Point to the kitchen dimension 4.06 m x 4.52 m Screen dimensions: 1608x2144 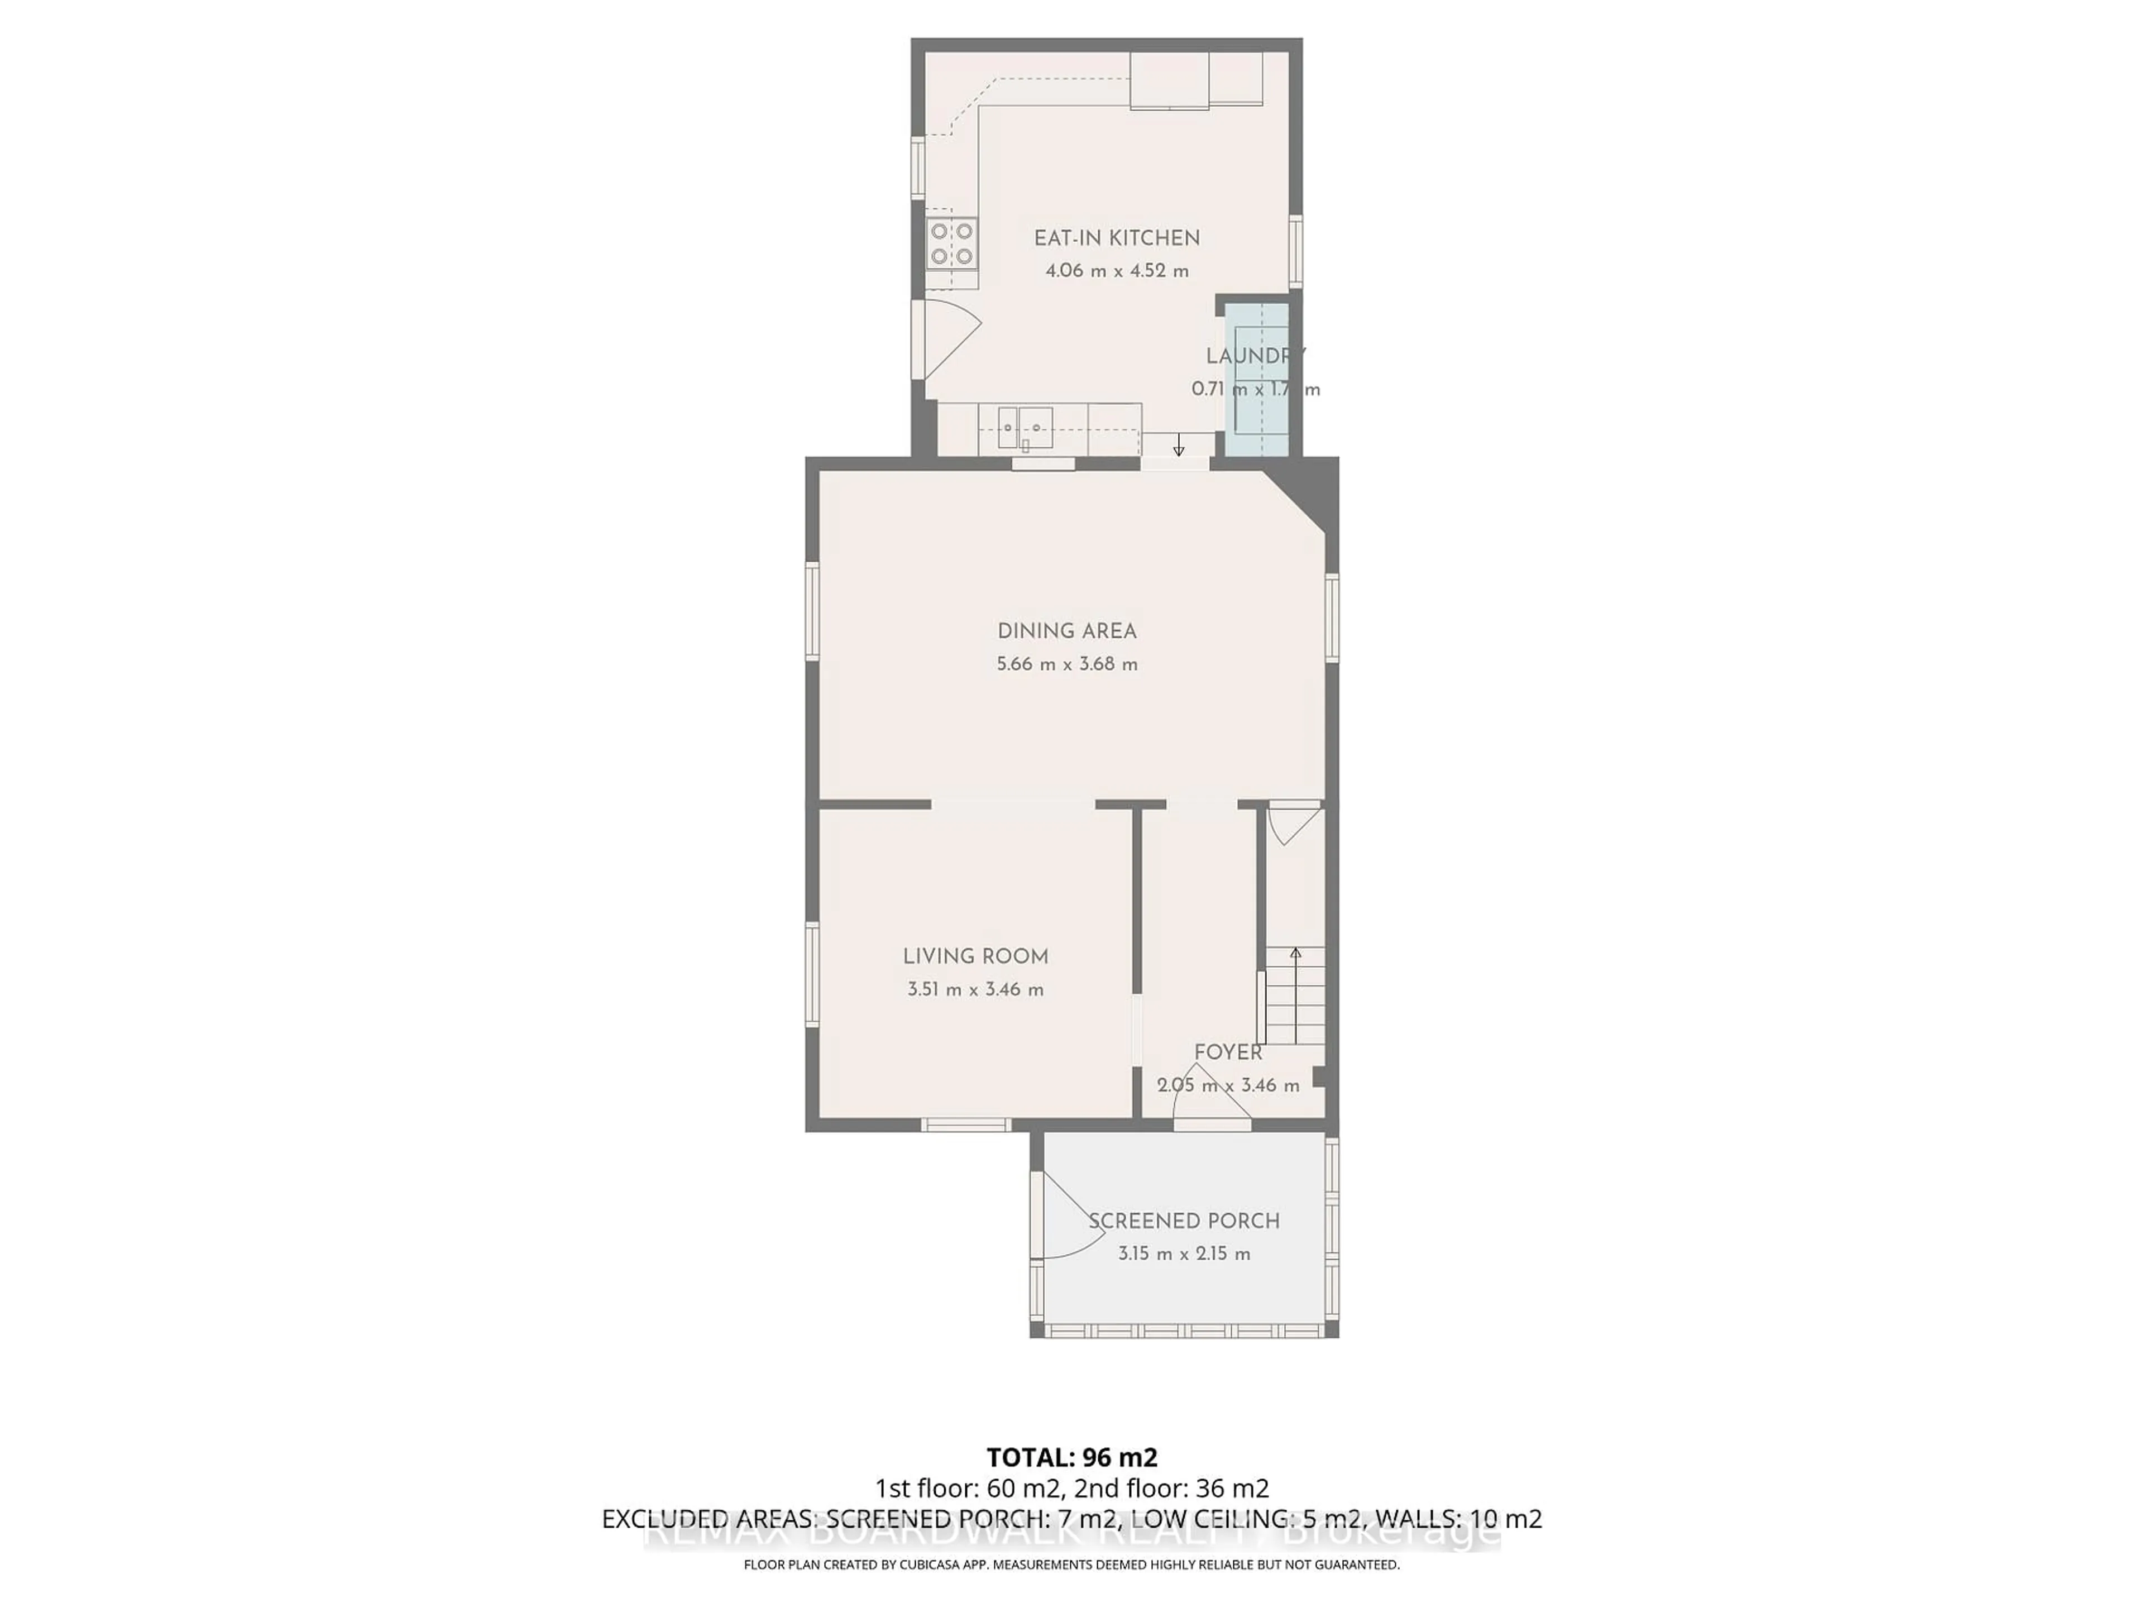[x=1117, y=271]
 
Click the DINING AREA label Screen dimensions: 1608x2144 [x=1066, y=631]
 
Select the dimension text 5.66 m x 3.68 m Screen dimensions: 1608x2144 [x=1066, y=665]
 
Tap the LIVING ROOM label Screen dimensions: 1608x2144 [x=975, y=956]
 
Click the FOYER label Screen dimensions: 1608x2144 [x=1228, y=1052]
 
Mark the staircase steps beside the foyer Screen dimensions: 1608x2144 [x=1295, y=998]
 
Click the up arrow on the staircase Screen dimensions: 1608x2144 [x=1295, y=955]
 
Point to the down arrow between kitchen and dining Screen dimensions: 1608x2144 [x=1179, y=446]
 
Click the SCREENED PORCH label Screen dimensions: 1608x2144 [x=1184, y=1221]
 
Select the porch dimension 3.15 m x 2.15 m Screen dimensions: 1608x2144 [x=1184, y=1254]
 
